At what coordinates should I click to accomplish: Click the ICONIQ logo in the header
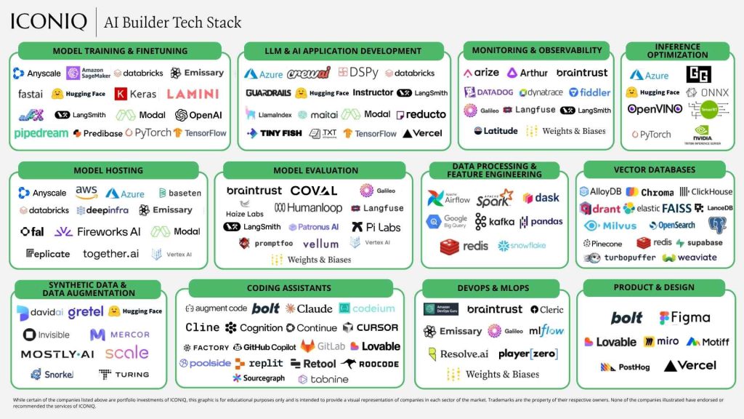point(49,22)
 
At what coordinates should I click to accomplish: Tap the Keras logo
point(136,94)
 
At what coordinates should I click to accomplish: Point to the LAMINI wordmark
point(193,94)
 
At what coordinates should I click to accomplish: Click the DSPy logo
point(358,73)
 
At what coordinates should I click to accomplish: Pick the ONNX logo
point(700,92)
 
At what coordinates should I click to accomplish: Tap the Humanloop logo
point(307,208)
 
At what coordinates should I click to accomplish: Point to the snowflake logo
point(522,246)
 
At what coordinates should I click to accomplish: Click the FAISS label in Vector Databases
point(677,208)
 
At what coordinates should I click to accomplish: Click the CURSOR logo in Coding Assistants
point(371,328)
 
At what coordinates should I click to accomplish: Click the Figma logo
point(684,318)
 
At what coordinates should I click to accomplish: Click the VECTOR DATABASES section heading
point(655,169)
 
